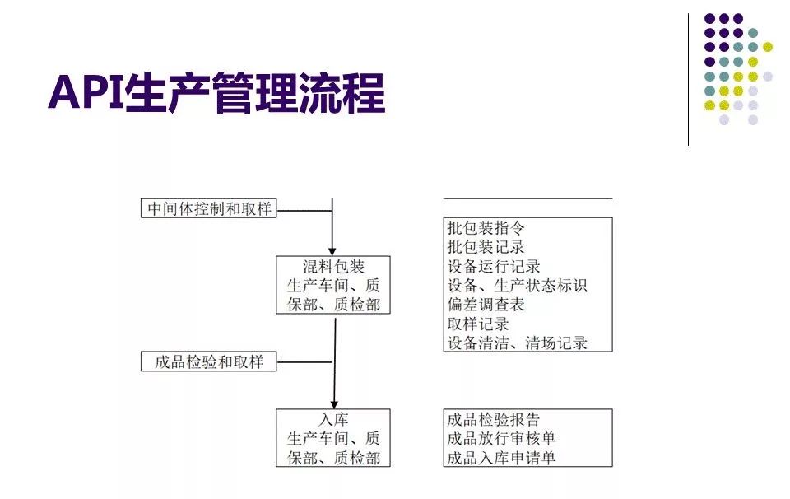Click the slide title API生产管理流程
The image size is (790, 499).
[216, 92]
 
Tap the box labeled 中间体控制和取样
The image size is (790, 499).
[208, 208]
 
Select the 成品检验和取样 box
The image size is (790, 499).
[208, 361]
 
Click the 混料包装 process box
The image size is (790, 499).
[332, 285]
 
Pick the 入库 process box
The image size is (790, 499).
[332, 438]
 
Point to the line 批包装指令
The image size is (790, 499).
[486, 227]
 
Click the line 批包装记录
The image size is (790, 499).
[486, 246]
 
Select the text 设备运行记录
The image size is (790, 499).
[494, 266]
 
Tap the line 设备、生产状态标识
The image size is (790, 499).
[517, 285]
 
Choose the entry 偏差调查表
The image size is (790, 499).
[486, 305]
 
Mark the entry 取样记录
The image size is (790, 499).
[478, 324]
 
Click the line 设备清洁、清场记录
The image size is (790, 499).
[517, 343]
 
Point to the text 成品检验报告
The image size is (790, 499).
[494, 419]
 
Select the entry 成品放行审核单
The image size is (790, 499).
[501, 438]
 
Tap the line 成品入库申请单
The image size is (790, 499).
[501, 458]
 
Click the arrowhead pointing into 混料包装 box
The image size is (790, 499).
[332, 249]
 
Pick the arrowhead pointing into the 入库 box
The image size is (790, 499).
[333, 403]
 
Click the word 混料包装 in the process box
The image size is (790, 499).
[332, 266]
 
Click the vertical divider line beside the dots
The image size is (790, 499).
[689, 79]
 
